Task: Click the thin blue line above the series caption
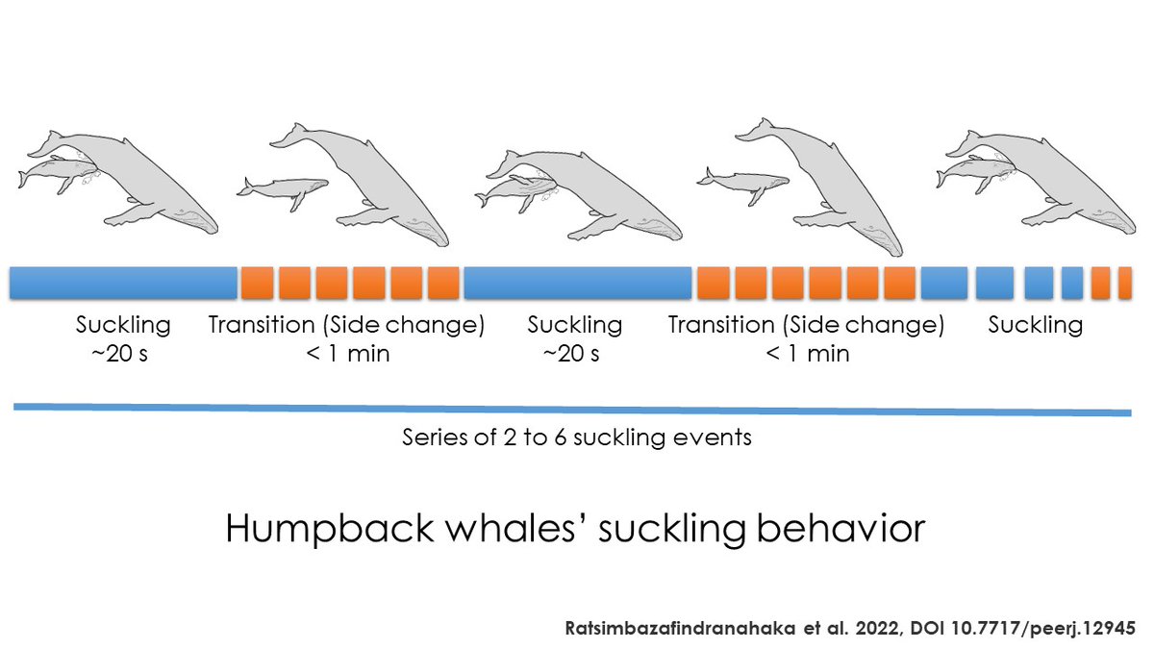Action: click(572, 410)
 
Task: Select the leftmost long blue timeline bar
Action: click(123, 283)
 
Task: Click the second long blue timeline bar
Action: click(577, 283)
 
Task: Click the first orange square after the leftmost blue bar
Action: click(257, 283)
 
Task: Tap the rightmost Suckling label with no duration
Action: click(1036, 325)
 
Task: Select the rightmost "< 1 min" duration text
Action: click(807, 353)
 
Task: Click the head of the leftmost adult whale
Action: click(188, 217)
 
